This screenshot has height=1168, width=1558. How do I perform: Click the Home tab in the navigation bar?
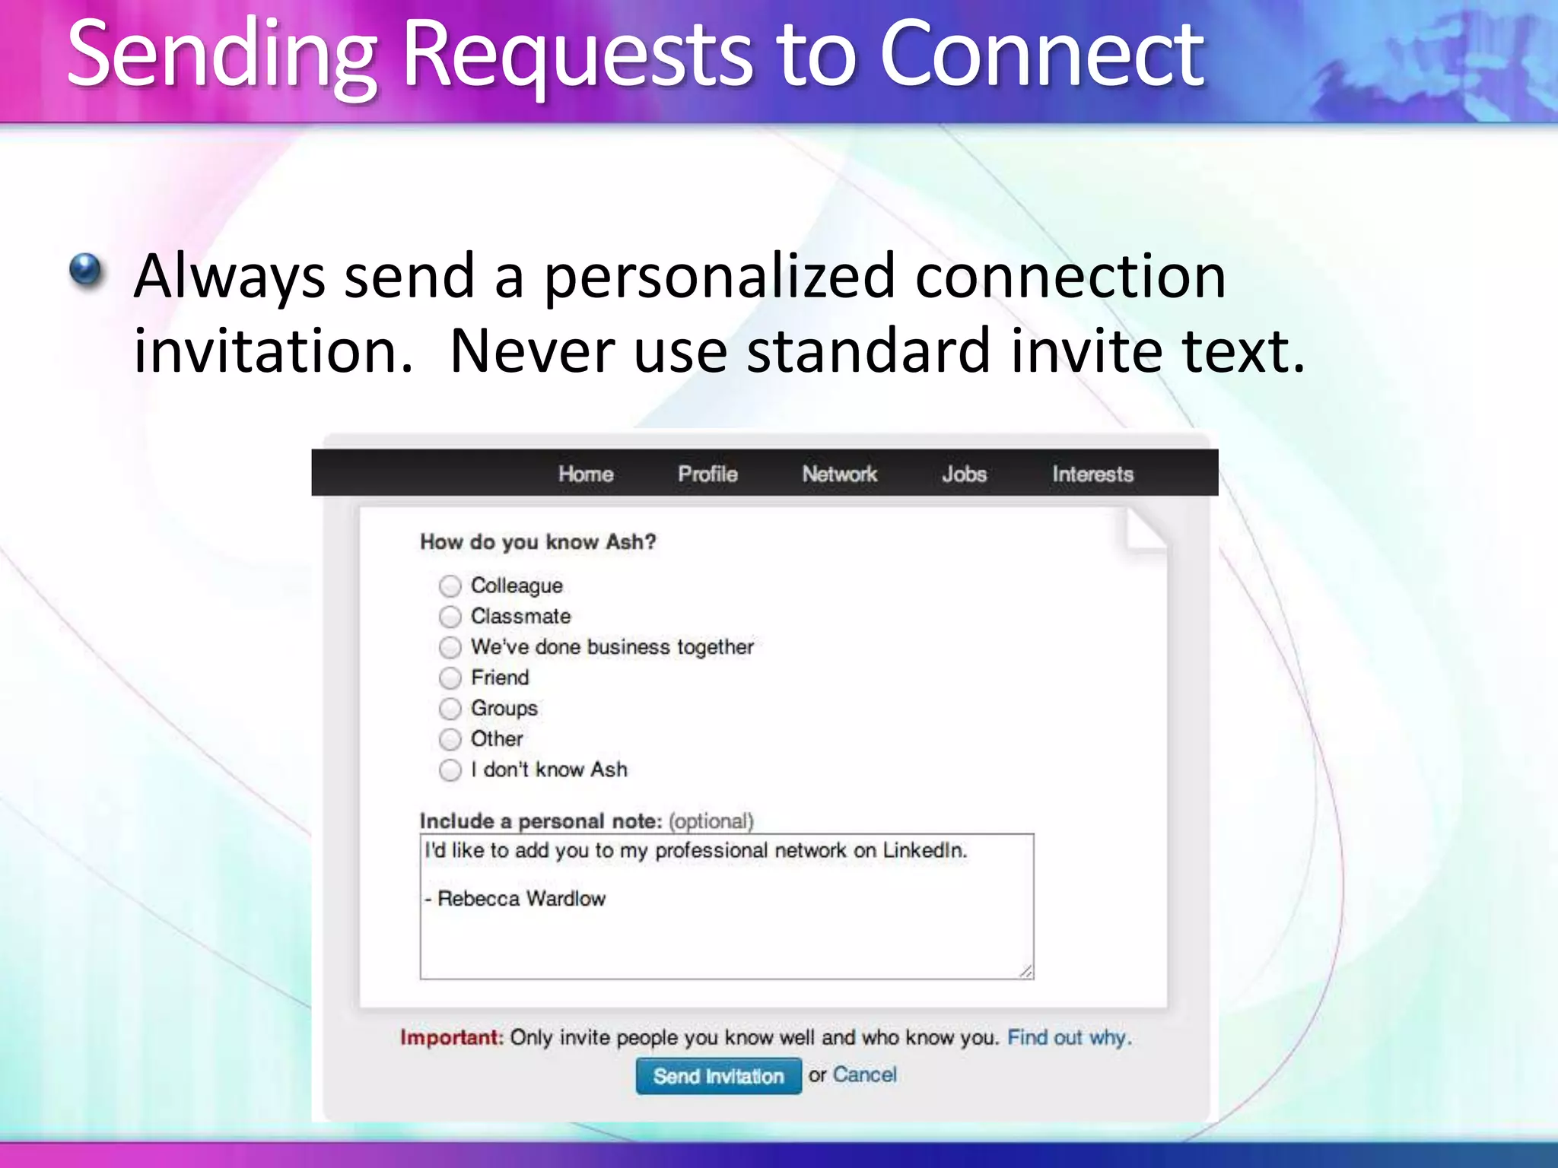585,474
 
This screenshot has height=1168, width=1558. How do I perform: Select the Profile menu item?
707,474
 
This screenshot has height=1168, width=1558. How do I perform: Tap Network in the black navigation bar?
839,474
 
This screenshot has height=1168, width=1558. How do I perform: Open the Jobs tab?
964,474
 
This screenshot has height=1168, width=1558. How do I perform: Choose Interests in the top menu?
1092,474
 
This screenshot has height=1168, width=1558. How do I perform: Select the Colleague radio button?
450,586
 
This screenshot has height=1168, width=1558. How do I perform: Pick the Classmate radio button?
450,617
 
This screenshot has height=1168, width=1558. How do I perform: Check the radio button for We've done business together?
450,647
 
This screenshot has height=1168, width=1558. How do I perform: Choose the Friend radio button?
450,678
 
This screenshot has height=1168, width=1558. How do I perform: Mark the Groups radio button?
450,709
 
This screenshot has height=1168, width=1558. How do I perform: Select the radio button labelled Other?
450,739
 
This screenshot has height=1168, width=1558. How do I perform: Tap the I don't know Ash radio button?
450,770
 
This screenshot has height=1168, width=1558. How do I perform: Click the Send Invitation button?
718,1076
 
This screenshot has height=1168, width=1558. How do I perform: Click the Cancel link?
864,1074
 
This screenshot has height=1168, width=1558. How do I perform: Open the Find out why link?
1069,1037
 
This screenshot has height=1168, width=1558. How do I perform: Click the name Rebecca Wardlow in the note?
522,899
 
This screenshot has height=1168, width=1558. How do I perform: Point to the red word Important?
451,1037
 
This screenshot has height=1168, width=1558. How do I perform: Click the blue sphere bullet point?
85,269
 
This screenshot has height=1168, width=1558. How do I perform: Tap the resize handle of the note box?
1026,971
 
